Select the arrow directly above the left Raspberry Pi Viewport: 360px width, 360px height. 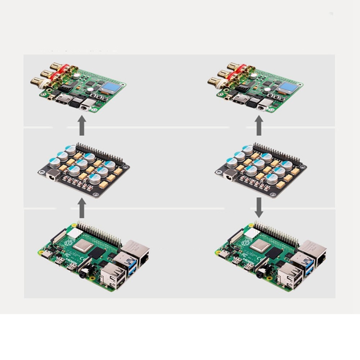(x=82, y=208)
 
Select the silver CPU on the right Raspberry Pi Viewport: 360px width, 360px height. (x=260, y=246)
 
